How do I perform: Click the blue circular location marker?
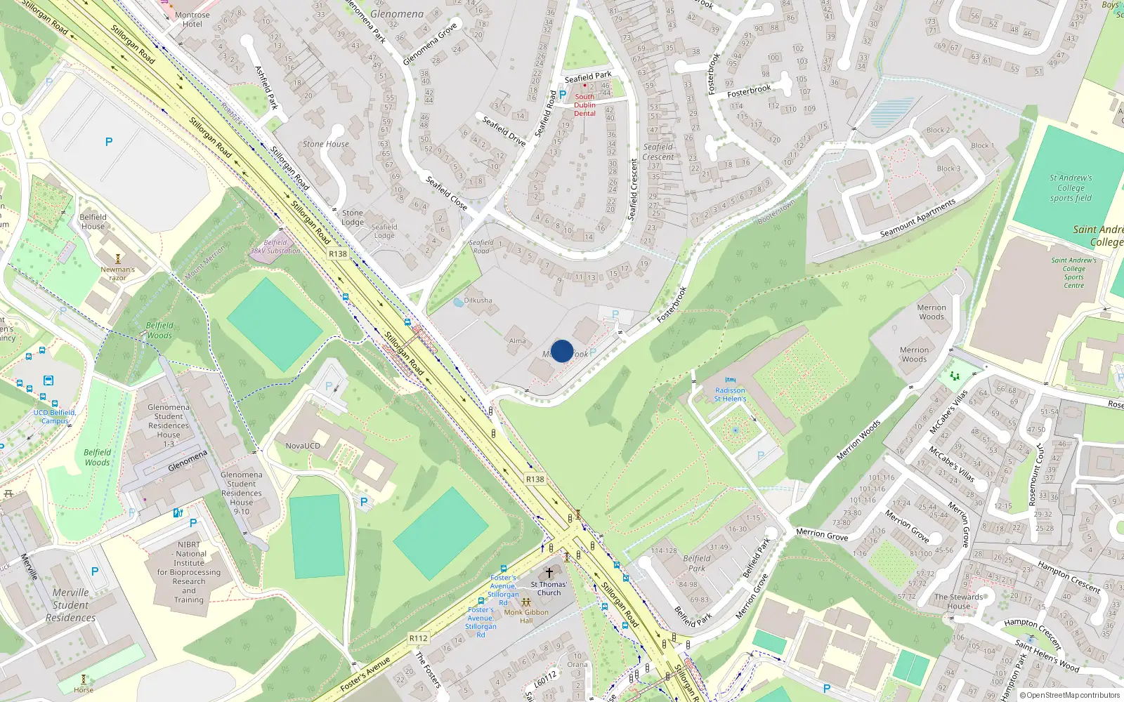pyautogui.click(x=562, y=351)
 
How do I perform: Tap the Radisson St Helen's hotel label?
pyautogui.click(x=730, y=395)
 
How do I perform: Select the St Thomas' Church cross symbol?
pyautogui.click(x=549, y=573)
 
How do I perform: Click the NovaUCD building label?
pyautogui.click(x=303, y=446)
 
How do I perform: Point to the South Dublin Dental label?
pyautogui.click(x=584, y=105)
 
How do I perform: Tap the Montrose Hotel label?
pyautogui.click(x=192, y=20)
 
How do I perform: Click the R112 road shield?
pyautogui.click(x=418, y=638)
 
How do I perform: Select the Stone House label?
pyautogui.click(x=325, y=144)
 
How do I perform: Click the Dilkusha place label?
pyautogui.click(x=478, y=300)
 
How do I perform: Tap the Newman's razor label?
pyautogui.click(x=117, y=273)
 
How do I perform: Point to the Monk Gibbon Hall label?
pyautogui.click(x=526, y=616)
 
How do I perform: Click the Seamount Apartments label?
pyautogui.click(x=917, y=218)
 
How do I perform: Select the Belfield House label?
pyautogui.click(x=93, y=222)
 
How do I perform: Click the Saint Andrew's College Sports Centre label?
pyautogui.click(x=1073, y=272)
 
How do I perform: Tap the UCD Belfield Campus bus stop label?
pyautogui.click(x=54, y=416)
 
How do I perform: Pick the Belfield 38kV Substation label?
pyautogui.click(x=275, y=246)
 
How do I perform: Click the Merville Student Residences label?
pyautogui.click(x=71, y=604)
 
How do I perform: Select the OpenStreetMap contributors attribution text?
pyautogui.click(x=1073, y=695)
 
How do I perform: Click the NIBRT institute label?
pyautogui.click(x=189, y=571)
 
